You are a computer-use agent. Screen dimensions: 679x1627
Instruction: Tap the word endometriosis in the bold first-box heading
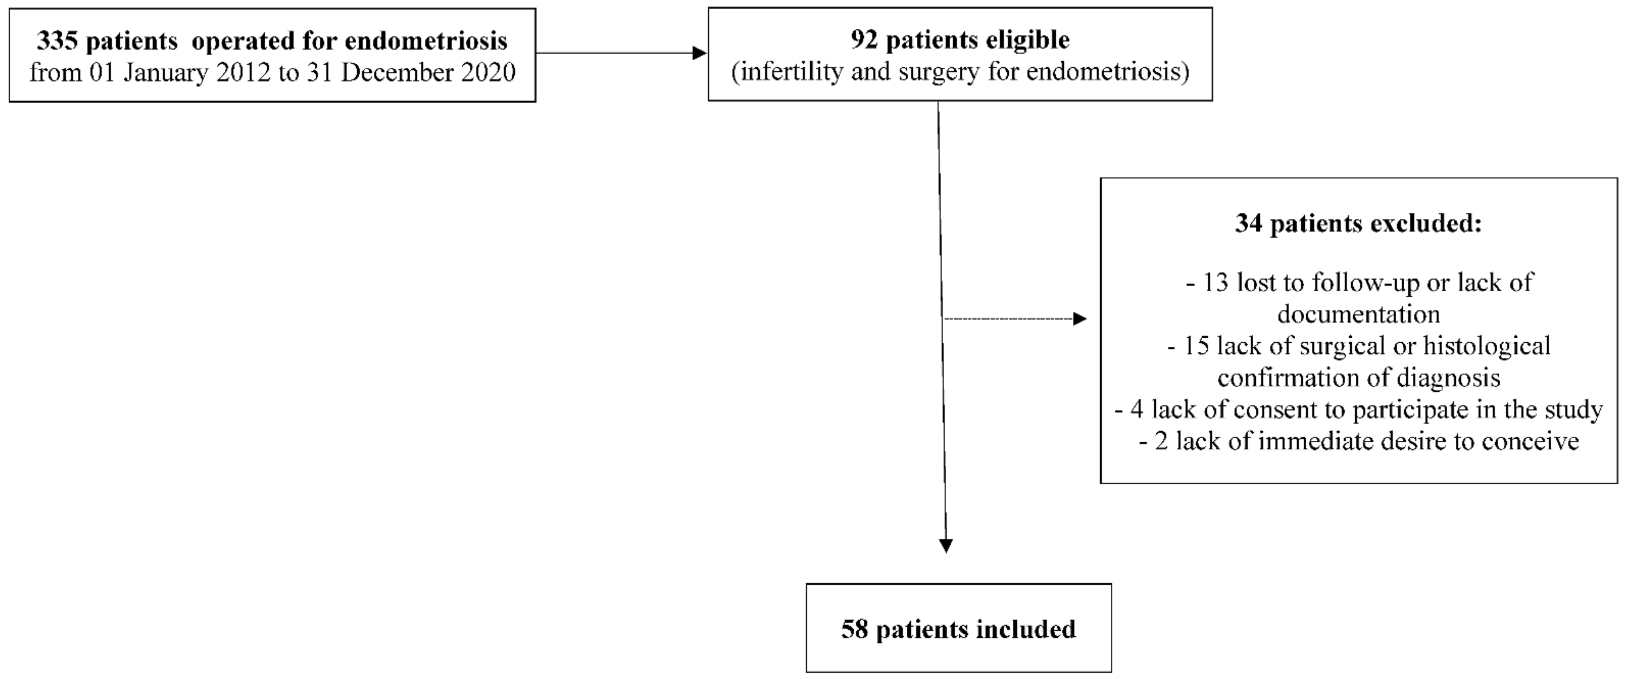[426, 41]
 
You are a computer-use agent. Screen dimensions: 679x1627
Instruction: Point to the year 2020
[488, 73]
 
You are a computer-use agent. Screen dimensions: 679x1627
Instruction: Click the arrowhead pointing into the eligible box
[699, 53]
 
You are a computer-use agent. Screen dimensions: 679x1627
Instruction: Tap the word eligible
[1026, 40]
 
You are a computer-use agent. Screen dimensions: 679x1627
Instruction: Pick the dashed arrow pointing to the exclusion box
[1014, 319]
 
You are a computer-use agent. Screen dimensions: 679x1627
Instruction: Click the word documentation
[1358, 314]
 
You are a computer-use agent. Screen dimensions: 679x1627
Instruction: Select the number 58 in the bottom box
[855, 629]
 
